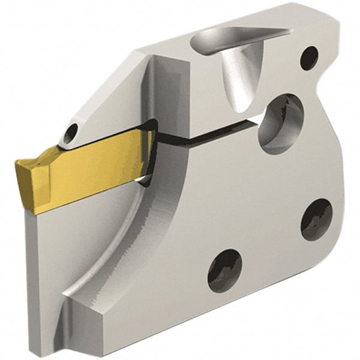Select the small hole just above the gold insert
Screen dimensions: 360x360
coord(72,132)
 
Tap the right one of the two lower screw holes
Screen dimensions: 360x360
coord(316,220)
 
